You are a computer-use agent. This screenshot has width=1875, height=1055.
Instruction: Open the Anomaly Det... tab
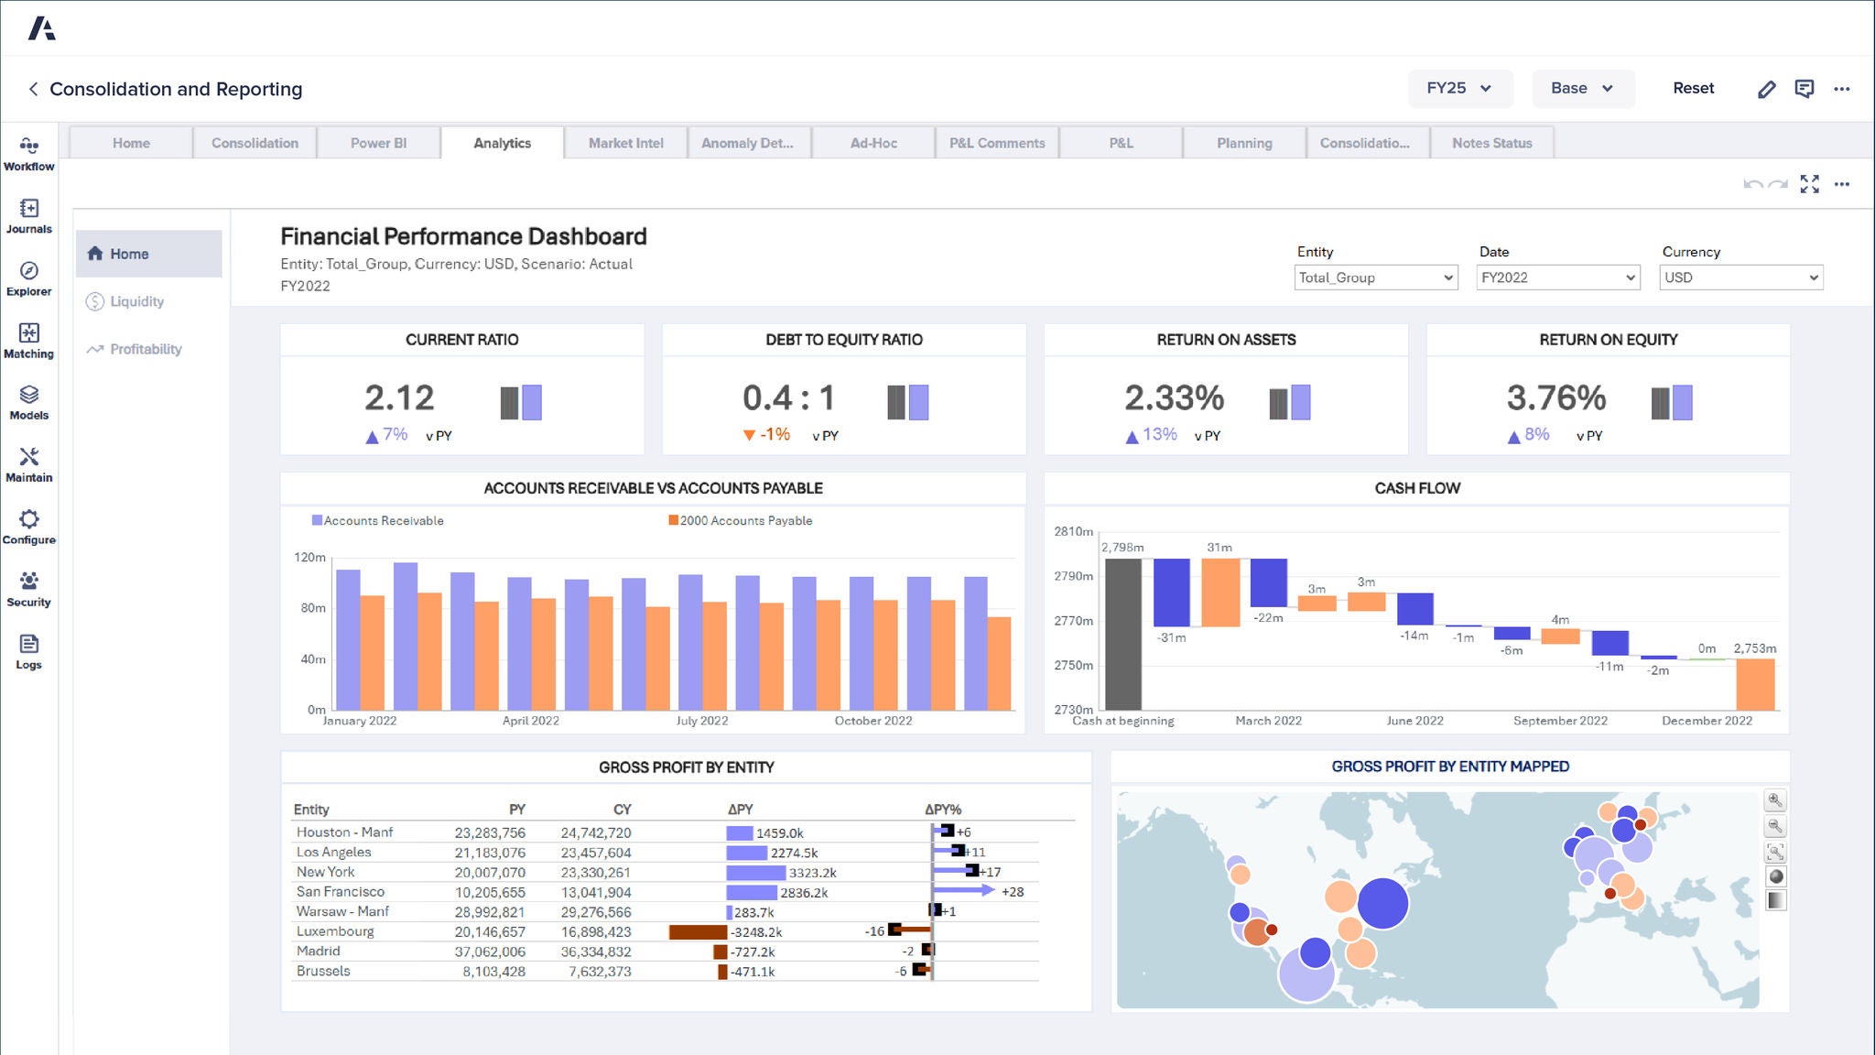(x=747, y=143)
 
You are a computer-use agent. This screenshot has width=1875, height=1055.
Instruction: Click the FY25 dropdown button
(x=1459, y=88)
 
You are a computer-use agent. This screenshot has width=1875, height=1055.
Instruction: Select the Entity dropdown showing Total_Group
(x=1375, y=277)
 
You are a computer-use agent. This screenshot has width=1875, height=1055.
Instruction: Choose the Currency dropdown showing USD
(x=1740, y=277)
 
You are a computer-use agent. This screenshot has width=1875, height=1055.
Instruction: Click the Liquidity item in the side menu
(x=136, y=301)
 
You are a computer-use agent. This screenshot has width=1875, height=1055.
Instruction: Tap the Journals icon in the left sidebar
(x=28, y=216)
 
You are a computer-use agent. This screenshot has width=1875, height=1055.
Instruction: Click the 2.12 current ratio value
(x=399, y=397)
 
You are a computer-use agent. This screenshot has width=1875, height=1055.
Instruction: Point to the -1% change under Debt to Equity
(x=774, y=434)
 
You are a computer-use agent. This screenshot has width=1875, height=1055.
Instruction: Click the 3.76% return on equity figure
(x=1555, y=397)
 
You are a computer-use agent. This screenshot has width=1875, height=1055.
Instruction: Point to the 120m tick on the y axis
(x=309, y=557)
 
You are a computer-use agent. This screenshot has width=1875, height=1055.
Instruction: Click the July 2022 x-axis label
(x=701, y=721)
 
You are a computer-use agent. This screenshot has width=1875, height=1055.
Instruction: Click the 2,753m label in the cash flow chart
(x=1754, y=648)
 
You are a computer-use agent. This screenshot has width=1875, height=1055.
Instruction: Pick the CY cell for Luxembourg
(x=596, y=931)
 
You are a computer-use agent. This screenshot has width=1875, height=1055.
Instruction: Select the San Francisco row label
(x=341, y=891)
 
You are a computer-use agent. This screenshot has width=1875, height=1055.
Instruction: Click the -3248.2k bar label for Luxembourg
(x=755, y=932)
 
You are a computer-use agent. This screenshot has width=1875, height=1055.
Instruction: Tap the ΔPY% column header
(x=942, y=810)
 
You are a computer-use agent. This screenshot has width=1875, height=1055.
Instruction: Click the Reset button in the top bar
(x=1693, y=88)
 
